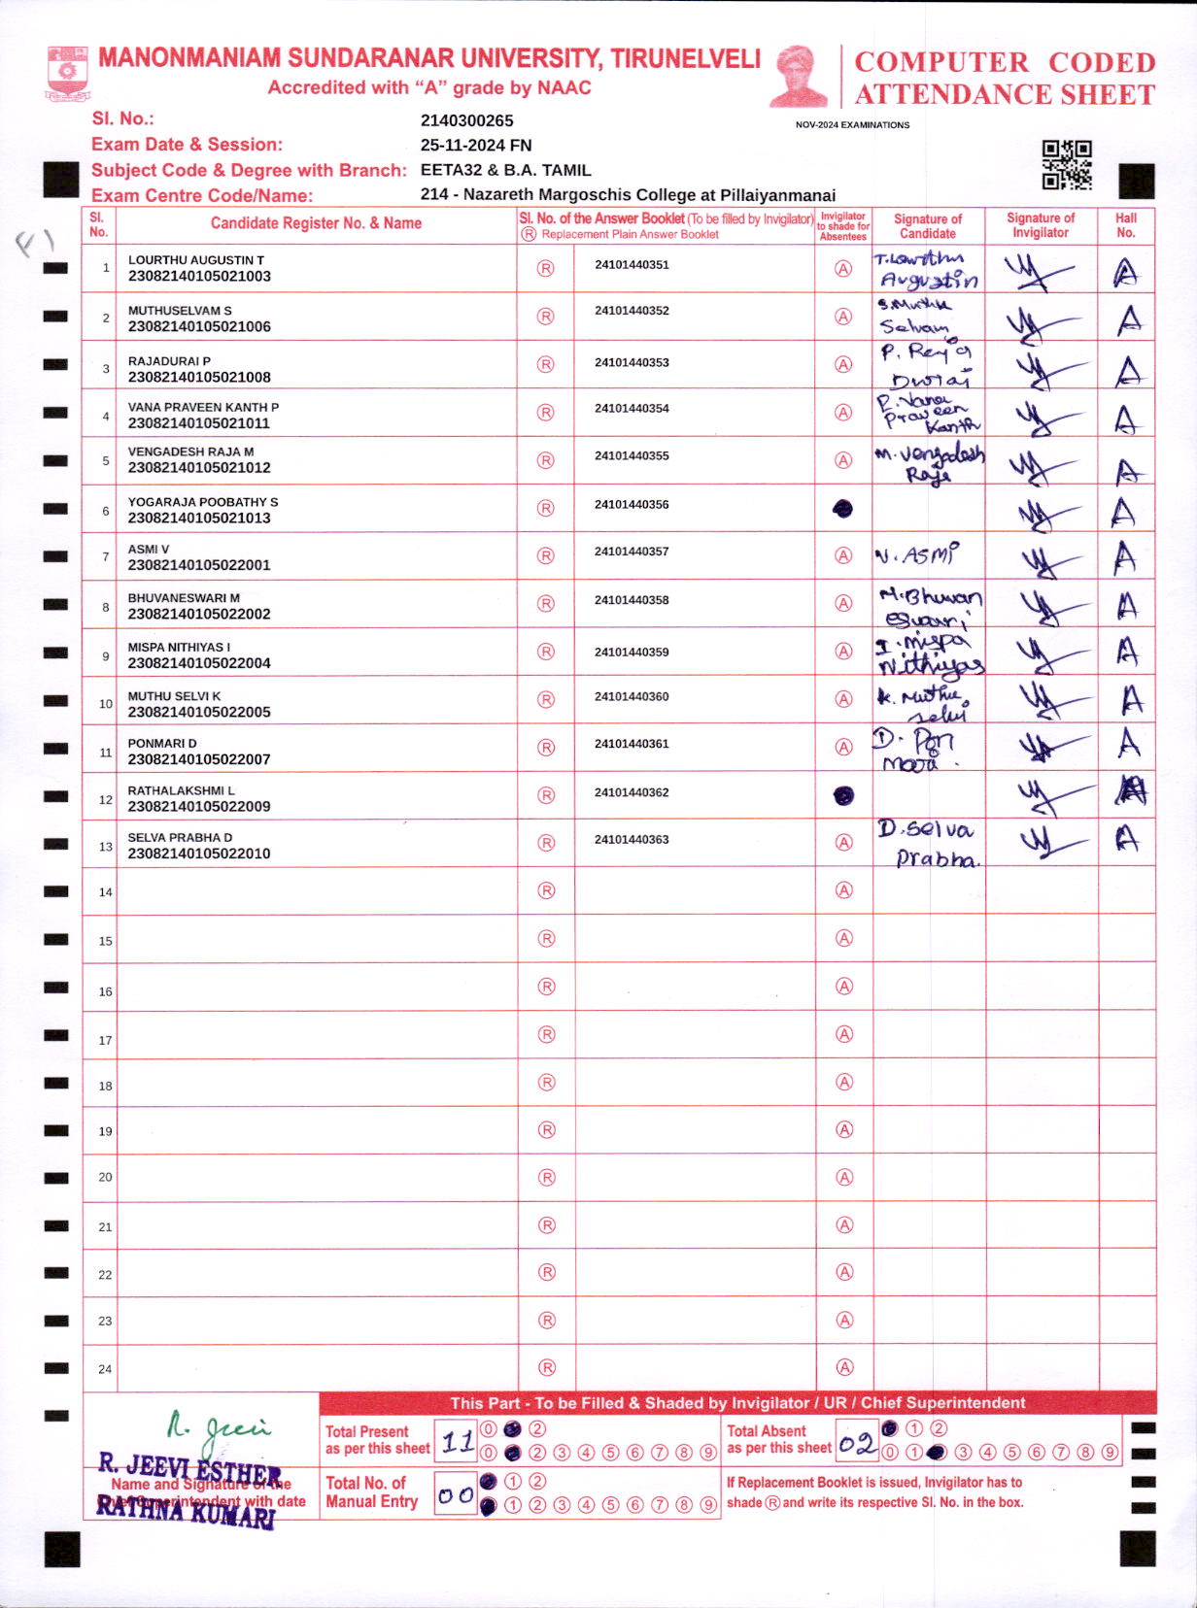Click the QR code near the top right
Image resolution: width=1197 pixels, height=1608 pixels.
(1067, 164)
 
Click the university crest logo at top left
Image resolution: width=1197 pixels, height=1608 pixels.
(67, 74)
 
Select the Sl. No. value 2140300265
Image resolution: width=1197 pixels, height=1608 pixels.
(466, 120)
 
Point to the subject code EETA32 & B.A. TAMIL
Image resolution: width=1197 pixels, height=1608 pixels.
(505, 170)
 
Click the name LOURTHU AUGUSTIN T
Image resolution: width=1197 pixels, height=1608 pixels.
(196, 260)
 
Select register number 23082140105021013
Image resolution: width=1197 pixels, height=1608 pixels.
(199, 518)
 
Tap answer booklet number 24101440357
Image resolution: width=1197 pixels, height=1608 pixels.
(632, 552)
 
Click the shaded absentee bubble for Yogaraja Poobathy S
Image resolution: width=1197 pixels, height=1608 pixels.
(843, 509)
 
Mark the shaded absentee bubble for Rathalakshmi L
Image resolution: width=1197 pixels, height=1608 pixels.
(844, 796)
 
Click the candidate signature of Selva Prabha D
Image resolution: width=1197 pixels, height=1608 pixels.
(928, 844)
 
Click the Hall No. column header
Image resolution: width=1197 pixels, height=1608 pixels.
(1126, 225)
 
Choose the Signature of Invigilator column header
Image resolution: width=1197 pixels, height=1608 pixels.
(1041, 225)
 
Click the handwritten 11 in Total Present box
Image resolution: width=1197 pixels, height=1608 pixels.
(457, 1443)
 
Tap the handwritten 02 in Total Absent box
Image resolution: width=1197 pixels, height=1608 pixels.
(857, 1444)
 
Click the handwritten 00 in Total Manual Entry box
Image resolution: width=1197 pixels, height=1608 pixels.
(455, 1495)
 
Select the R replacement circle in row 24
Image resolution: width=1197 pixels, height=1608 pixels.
(547, 1367)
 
